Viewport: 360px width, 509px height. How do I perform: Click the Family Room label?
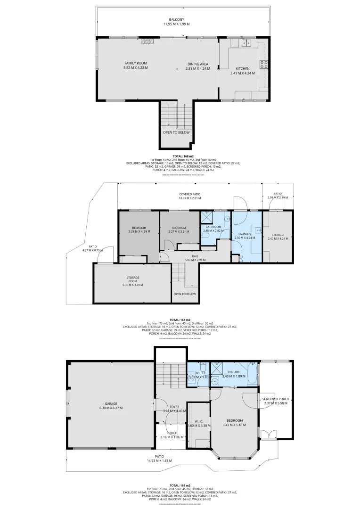136,63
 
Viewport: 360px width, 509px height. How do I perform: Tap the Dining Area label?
197,64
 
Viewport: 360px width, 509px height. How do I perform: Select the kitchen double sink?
246,43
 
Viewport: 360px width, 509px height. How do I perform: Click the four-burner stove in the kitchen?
264,64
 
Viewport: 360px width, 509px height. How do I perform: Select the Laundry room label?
245,234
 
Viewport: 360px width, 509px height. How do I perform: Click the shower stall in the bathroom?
206,217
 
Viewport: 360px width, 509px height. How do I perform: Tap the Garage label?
111,404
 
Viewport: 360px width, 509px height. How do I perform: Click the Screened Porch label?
276,399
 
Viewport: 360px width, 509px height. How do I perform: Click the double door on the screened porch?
267,435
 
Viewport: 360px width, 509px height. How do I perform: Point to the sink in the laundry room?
258,230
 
